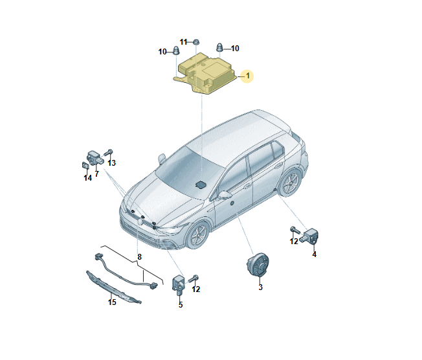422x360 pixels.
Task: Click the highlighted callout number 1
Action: pos(248,76)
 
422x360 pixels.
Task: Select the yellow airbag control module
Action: pos(205,73)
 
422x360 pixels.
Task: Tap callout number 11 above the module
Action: pos(183,42)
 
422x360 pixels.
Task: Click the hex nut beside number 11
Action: pos(196,42)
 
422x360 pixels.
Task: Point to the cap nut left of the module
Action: pos(176,51)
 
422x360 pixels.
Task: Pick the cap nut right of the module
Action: pos(219,47)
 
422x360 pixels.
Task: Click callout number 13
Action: pos(111,163)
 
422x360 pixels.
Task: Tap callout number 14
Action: pos(88,177)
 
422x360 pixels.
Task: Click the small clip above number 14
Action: pos(85,165)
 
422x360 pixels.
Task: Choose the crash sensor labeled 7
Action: pos(94,159)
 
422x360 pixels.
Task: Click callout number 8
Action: pos(139,257)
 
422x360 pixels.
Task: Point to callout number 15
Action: pos(112,302)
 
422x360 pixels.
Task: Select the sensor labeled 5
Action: pos(177,284)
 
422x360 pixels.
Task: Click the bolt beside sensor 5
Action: pos(194,278)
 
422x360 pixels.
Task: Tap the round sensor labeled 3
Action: pos(258,264)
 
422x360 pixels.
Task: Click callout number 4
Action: pos(314,254)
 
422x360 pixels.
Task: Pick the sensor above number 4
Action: pos(309,235)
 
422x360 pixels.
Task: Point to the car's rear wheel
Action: pos(291,182)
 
